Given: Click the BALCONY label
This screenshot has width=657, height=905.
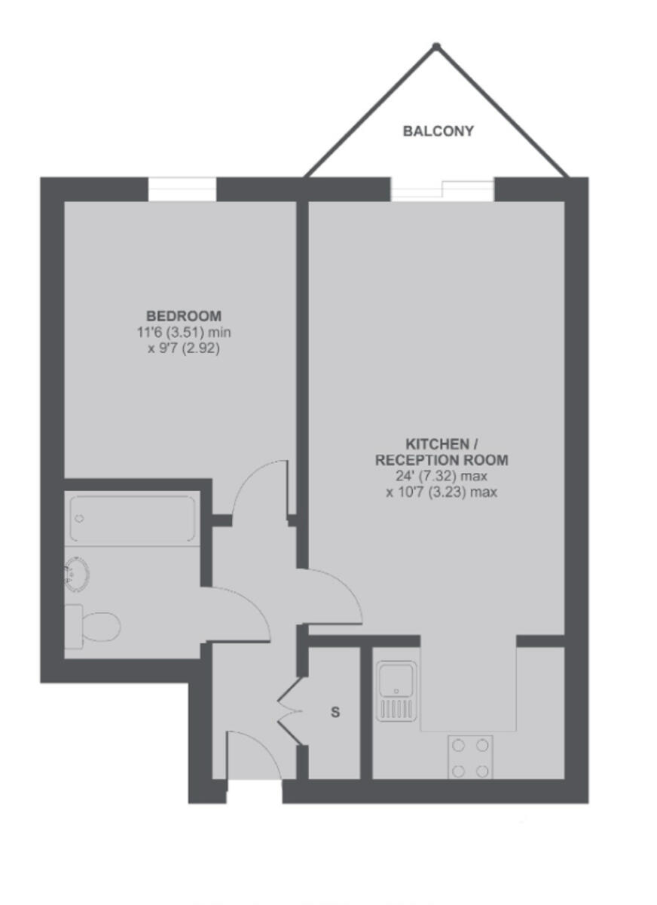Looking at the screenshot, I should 439,131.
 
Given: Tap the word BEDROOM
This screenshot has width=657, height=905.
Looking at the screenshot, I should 184,315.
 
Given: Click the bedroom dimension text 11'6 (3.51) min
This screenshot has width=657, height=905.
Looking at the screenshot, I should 184,333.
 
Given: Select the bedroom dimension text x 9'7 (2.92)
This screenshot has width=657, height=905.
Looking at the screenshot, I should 184,349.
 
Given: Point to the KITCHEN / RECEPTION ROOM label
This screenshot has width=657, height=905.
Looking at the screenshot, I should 442,452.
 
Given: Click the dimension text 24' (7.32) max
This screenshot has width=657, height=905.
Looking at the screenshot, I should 442,476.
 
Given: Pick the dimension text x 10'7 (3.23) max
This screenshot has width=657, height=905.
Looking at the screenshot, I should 442,492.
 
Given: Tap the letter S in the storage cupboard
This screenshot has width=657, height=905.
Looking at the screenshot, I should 336,712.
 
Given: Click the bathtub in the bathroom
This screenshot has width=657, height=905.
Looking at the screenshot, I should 133,518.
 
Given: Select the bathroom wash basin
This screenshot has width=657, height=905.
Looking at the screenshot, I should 77,573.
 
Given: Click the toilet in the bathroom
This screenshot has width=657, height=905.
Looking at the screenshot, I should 93,625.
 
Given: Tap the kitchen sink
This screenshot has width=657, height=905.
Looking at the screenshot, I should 396,690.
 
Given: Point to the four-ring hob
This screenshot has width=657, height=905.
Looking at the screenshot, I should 471,757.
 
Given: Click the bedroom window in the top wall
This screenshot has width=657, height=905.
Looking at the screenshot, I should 182,189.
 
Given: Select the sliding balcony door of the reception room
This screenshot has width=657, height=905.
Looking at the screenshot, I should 442,189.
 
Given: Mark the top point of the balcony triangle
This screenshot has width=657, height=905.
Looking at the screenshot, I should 435,47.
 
